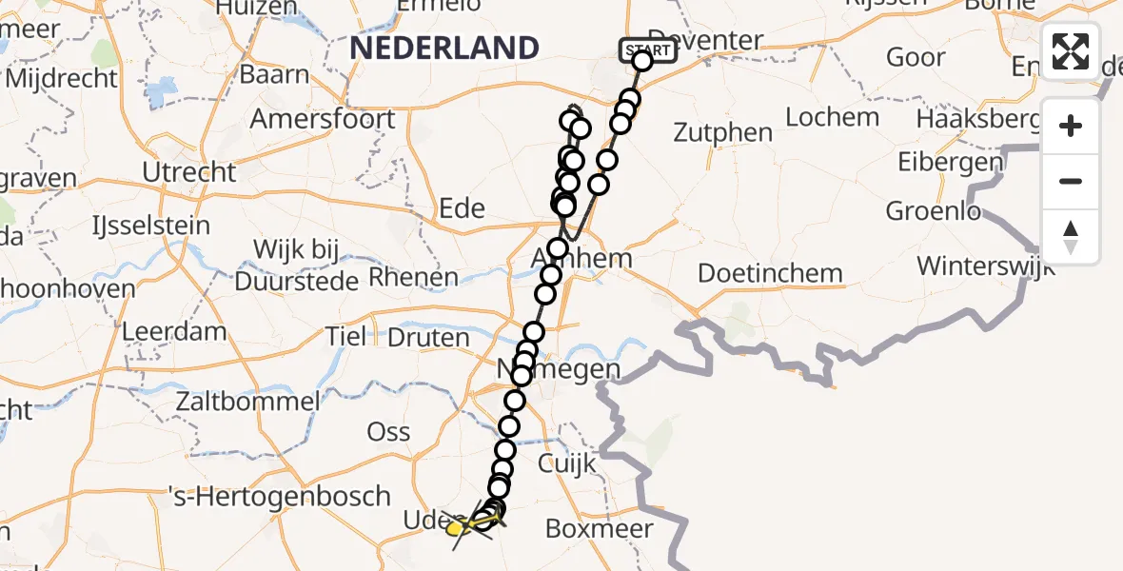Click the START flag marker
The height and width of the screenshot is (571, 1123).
point(648,49)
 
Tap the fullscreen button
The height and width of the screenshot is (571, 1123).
point(1071,51)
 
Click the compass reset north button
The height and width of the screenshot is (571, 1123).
point(1071,236)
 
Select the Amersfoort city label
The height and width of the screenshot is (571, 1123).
point(322,119)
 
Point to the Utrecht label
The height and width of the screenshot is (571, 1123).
point(188,172)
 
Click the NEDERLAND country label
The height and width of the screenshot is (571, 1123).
point(445,48)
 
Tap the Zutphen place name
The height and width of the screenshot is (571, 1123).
point(722,132)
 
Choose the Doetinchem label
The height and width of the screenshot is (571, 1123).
point(770,273)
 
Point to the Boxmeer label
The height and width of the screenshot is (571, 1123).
point(599,528)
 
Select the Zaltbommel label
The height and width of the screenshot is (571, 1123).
point(247,402)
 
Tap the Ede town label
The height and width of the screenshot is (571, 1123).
point(462,208)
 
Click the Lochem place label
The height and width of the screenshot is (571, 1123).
point(833,117)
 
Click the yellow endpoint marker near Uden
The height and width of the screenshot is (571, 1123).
point(456,528)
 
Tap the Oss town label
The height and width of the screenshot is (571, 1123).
point(388,431)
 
